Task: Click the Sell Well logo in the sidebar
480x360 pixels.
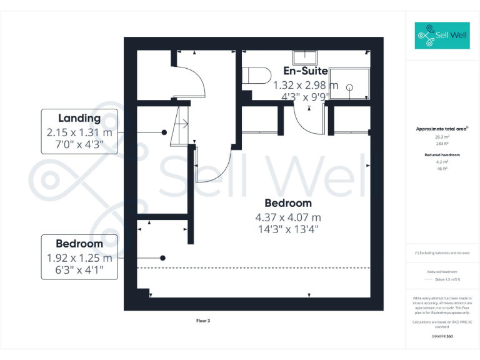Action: (442, 36)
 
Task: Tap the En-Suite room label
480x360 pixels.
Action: (306, 71)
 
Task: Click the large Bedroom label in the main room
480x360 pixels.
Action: (287, 203)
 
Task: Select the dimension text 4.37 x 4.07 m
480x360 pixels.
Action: (287, 217)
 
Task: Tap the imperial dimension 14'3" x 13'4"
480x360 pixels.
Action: (287, 229)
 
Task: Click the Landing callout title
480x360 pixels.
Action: (79, 118)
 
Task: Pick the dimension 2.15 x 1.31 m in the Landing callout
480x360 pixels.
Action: (79, 132)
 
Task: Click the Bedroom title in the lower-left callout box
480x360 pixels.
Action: (79, 244)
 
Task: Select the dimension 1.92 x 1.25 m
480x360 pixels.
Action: (79, 257)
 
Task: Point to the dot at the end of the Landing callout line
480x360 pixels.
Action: (164, 132)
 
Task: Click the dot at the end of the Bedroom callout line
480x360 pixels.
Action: (162, 257)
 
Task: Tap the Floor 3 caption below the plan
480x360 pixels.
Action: (203, 321)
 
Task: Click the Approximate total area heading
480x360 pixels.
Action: (442, 129)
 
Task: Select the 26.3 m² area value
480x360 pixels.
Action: (442, 136)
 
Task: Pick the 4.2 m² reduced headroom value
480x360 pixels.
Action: (442, 161)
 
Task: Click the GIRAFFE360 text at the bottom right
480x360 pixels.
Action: (442, 336)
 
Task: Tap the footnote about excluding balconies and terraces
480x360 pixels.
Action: (442, 253)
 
